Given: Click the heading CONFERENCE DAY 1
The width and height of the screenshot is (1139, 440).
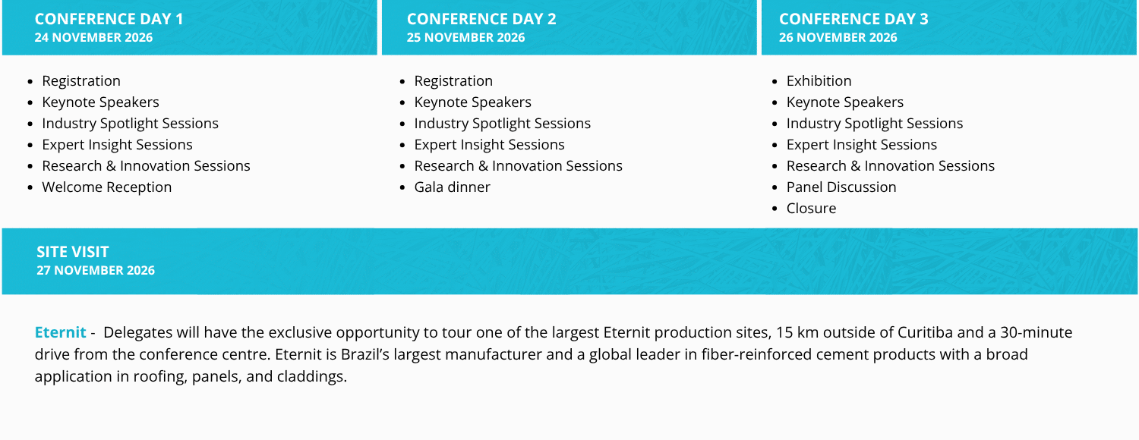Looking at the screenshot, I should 109,19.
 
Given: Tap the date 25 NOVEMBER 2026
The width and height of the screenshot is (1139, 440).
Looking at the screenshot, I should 465,38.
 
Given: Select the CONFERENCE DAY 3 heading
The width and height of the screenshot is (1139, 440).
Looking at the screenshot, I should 853,19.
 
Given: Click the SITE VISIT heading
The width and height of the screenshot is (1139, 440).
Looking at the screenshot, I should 73,252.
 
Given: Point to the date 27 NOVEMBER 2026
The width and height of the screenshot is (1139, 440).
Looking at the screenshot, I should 96,270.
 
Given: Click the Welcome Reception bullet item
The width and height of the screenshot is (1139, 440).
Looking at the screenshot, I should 106,187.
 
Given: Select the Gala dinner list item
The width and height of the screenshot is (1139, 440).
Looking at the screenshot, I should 452,187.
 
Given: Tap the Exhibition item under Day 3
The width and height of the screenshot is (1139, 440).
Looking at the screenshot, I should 819,80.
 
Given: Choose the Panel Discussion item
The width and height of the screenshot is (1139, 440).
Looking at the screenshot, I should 841,187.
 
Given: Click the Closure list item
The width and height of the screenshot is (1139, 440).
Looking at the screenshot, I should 811,208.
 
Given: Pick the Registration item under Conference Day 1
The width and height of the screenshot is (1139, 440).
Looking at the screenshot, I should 81,80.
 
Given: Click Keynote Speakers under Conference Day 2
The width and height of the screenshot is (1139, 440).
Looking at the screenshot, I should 472,102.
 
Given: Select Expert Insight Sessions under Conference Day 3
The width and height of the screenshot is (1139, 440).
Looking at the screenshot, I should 861,144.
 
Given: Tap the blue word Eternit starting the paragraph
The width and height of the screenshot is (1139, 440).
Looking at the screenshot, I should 60,332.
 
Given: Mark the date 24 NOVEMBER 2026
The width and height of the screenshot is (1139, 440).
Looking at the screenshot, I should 93,38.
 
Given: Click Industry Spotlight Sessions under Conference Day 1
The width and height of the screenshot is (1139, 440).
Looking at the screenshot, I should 130,123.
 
